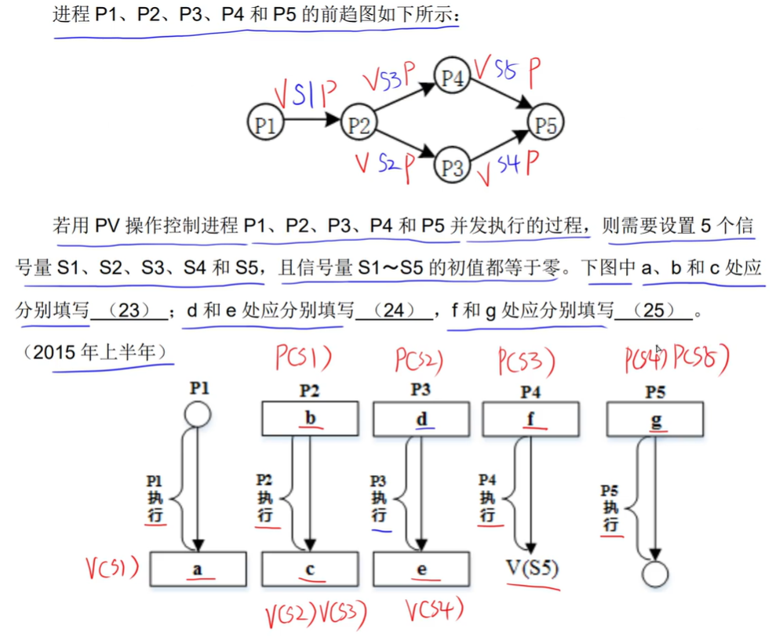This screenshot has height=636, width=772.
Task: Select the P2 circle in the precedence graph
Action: pos(359,123)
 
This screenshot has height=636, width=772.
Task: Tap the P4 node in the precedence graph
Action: pos(453,77)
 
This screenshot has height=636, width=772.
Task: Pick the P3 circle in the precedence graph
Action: pos(453,167)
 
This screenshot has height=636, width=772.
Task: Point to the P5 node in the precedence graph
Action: pos(546,123)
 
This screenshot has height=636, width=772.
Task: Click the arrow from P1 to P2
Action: pos(311,122)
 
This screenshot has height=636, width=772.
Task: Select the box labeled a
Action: pos(198,569)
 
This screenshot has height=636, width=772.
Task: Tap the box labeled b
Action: pos(310,419)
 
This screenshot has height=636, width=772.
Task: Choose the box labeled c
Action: pos(310,569)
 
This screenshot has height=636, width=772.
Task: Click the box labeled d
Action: pos(421,419)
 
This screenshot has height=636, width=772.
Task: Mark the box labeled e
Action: pos(421,569)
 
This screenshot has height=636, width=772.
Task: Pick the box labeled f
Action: pos(531,419)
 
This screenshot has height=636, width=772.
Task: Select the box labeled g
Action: pos(656,419)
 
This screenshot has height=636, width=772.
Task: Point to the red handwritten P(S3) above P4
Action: pos(526,362)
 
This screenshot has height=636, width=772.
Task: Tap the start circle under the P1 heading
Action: pos(198,413)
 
